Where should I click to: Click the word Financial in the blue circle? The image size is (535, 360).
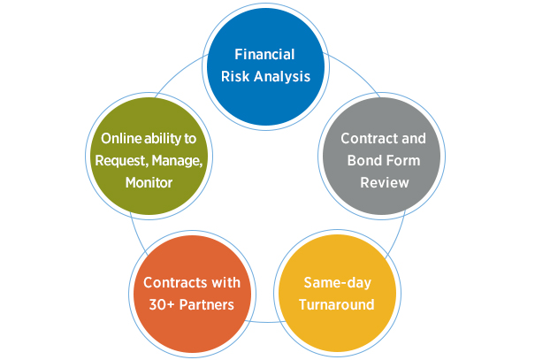268,55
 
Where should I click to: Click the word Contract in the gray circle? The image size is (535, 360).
364,139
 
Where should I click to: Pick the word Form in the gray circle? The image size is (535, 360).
401,161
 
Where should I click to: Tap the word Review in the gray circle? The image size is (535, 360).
384,183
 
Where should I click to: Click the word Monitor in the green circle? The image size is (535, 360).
148,183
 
